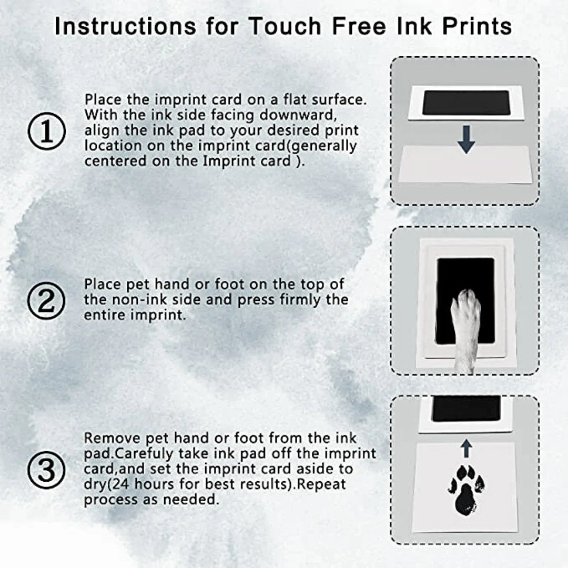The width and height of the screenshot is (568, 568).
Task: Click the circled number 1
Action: coord(47,131)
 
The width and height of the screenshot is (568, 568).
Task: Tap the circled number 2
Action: coord(46,300)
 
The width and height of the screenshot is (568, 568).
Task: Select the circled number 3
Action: coord(46,470)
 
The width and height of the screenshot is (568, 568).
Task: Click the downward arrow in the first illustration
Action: coord(466,139)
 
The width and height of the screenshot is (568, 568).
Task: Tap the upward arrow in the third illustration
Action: coord(466,449)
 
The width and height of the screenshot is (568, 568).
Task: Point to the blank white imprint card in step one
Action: coord(465,164)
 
